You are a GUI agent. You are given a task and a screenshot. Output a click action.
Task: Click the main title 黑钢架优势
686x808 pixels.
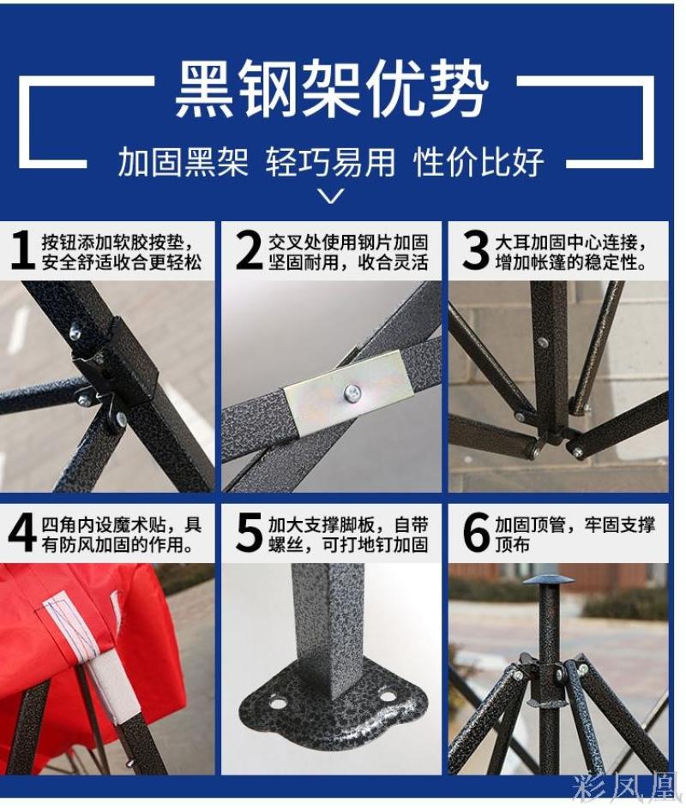tap(331, 88)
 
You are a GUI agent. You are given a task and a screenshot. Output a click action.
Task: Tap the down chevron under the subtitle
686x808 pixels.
tap(331, 196)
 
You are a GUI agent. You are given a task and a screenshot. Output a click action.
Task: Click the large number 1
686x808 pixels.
tap(22, 250)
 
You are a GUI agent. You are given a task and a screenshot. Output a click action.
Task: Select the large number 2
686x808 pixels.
tap(249, 250)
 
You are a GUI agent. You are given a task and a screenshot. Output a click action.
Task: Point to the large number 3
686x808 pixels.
tap(475, 250)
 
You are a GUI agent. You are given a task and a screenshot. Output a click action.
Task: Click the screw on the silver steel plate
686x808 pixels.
tap(352, 394)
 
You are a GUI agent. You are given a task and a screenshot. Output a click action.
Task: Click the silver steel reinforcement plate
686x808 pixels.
tap(349, 393)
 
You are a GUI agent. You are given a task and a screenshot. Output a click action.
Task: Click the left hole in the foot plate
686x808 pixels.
tap(278, 702)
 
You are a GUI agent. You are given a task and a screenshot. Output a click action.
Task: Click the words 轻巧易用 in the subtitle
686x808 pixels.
tap(331, 161)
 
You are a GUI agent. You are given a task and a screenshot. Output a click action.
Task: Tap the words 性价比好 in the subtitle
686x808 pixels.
tap(478, 161)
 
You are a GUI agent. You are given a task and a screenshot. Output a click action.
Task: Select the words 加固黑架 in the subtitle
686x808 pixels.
tap(183, 161)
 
